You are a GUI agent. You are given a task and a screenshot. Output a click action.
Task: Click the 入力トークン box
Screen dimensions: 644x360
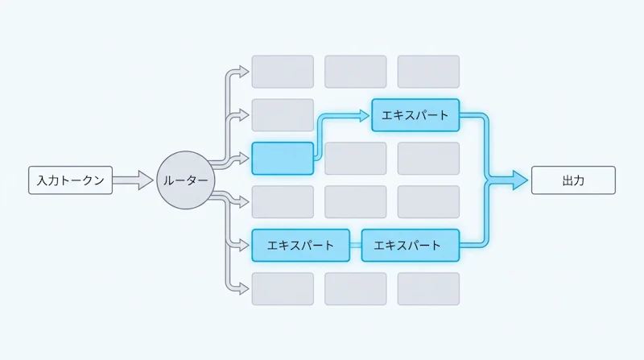click(x=70, y=180)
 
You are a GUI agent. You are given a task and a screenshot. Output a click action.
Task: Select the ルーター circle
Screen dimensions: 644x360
click(x=186, y=180)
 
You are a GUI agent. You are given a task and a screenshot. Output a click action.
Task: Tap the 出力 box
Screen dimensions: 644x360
click(x=573, y=180)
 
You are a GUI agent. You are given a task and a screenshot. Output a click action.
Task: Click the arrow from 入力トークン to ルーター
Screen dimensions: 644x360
click(x=133, y=180)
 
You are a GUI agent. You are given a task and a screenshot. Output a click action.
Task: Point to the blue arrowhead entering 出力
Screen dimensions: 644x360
click(x=520, y=180)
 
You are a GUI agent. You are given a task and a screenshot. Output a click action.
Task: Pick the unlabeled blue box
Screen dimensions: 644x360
click(x=283, y=159)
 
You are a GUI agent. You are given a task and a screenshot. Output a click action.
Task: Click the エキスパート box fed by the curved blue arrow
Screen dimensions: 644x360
click(x=415, y=115)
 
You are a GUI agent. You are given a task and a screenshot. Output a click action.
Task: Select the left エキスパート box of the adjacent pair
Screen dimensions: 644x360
click(x=300, y=246)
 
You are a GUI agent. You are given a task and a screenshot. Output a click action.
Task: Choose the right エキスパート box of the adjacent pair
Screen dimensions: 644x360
click(x=411, y=246)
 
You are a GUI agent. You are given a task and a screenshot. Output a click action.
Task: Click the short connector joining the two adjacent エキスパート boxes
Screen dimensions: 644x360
click(x=356, y=246)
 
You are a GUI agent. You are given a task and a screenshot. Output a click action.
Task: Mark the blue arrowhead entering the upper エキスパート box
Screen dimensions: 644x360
click(x=365, y=115)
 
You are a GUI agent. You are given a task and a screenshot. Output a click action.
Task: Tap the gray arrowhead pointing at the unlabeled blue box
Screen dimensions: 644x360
click(x=245, y=159)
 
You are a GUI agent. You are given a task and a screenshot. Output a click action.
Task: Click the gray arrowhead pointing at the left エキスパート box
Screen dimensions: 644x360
click(x=245, y=246)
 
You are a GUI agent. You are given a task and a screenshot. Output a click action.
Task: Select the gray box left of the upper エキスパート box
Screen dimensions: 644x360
click(x=283, y=115)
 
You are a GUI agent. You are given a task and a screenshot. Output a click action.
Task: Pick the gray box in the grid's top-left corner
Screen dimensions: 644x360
click(x=283, y=72)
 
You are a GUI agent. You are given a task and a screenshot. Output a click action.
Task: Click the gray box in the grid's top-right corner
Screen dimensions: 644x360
click(x=428, y=72)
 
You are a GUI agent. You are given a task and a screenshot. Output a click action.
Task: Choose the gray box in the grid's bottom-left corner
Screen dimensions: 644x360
click(x=283, y=289)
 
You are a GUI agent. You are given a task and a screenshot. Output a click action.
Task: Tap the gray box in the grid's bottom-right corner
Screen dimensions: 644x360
click(x=428, y=289)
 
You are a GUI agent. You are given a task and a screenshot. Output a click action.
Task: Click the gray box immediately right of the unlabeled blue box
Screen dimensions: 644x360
click(x=356, y=159)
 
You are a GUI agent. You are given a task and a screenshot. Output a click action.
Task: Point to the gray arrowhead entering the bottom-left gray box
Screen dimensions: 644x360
click(x=245, y=289)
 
